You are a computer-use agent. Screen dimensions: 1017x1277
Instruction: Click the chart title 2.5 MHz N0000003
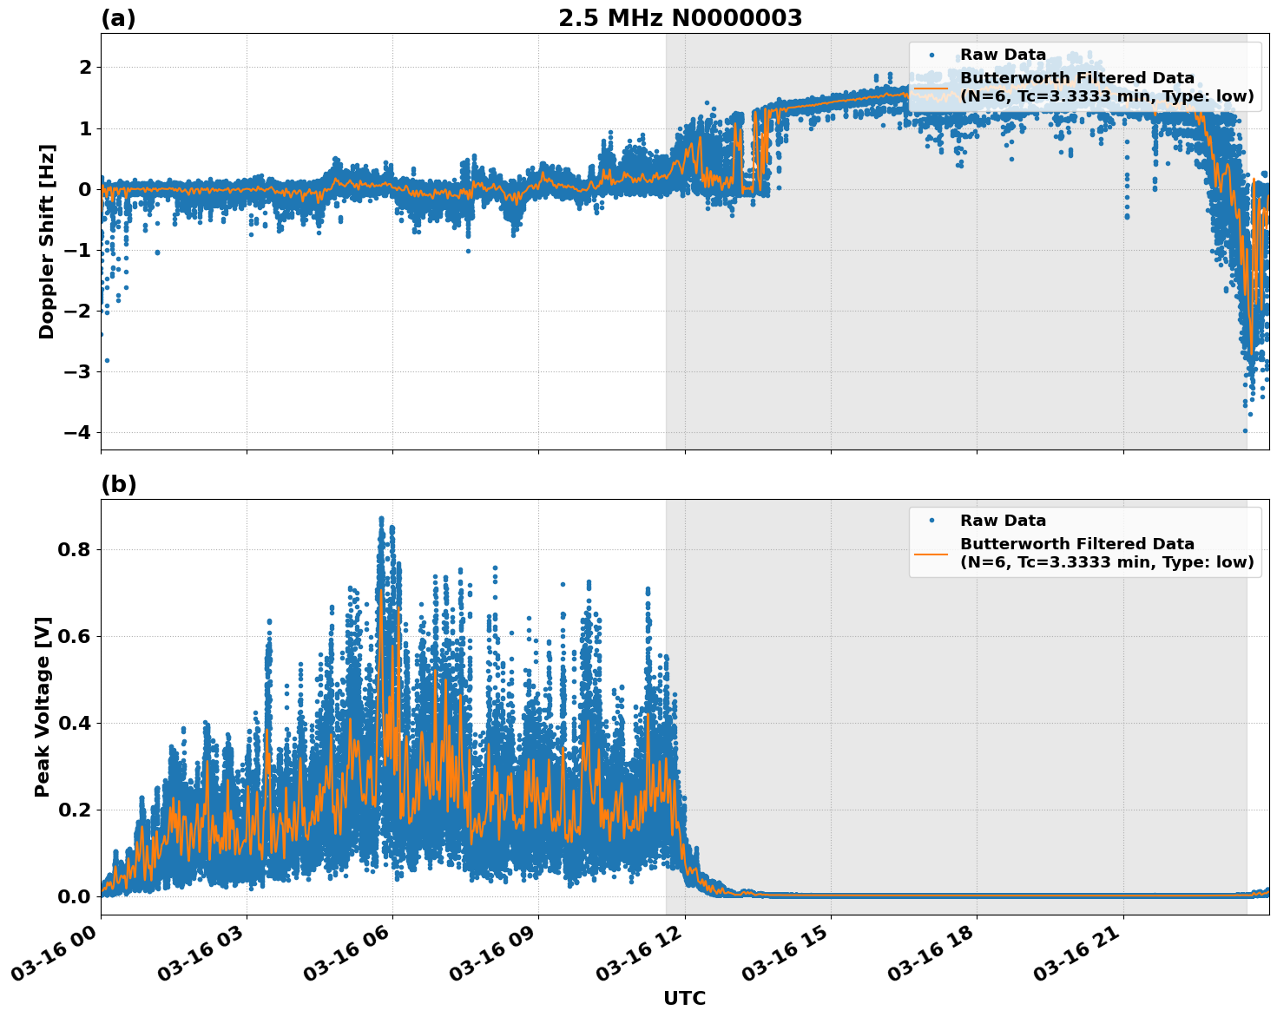click(680, 18)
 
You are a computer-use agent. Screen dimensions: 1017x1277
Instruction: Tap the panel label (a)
click(118, 18)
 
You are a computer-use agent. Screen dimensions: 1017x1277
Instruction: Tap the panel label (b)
click(118, 484)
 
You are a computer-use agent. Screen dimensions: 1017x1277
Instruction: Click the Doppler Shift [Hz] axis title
click(47, 241)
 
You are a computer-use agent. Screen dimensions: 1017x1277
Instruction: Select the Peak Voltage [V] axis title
click(43, 706)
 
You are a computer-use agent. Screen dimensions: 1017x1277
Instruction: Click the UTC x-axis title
click(684, 998)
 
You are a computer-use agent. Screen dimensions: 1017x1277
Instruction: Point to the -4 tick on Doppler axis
click(77, 432)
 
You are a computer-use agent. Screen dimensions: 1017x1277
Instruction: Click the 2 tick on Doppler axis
click(85, 68)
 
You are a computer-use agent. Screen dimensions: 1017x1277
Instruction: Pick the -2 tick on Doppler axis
click(77, 311)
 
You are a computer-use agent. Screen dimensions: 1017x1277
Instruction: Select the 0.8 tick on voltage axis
click(74, 549)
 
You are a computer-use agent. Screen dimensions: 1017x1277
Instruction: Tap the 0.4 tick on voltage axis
click(74, 723)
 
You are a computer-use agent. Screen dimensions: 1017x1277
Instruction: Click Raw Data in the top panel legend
click(1003, 55)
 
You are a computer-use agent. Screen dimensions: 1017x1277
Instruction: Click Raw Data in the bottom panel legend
click(1003, 521)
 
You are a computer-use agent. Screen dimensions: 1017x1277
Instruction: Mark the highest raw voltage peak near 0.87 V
click(380, 519)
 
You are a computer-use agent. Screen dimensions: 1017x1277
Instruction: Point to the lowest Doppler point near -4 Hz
click(1245, 430)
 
